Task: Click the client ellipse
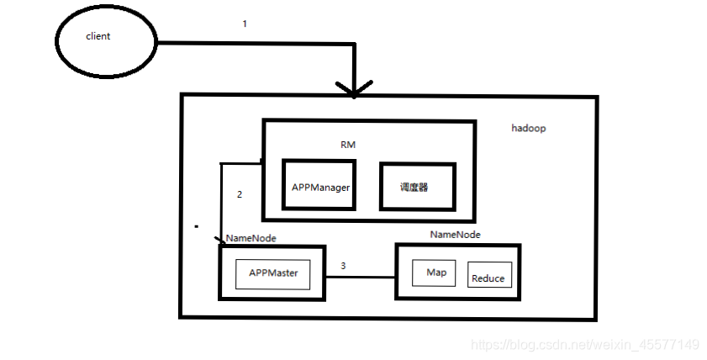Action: coord(105,37)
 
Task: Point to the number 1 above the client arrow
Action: coord(245,24)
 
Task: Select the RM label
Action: coord(348,145)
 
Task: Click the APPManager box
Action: coord(320,187)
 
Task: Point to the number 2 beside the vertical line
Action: coord(240,194)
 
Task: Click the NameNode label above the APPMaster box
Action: coord(251,239)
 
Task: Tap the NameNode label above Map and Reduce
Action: coord(455,235)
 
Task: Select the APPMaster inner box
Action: coord(273,273)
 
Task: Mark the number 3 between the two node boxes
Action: coord(342,266)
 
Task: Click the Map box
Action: coord(435,273)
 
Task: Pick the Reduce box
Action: coord(489,278)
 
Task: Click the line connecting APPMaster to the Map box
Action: coord(360,277)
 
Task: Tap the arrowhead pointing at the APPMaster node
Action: coord(220,242)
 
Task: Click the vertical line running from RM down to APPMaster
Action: coord(221,202)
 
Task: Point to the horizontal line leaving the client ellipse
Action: coord(252,43)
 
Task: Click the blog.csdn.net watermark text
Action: coord(584,344)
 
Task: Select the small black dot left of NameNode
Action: coord(196,227)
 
